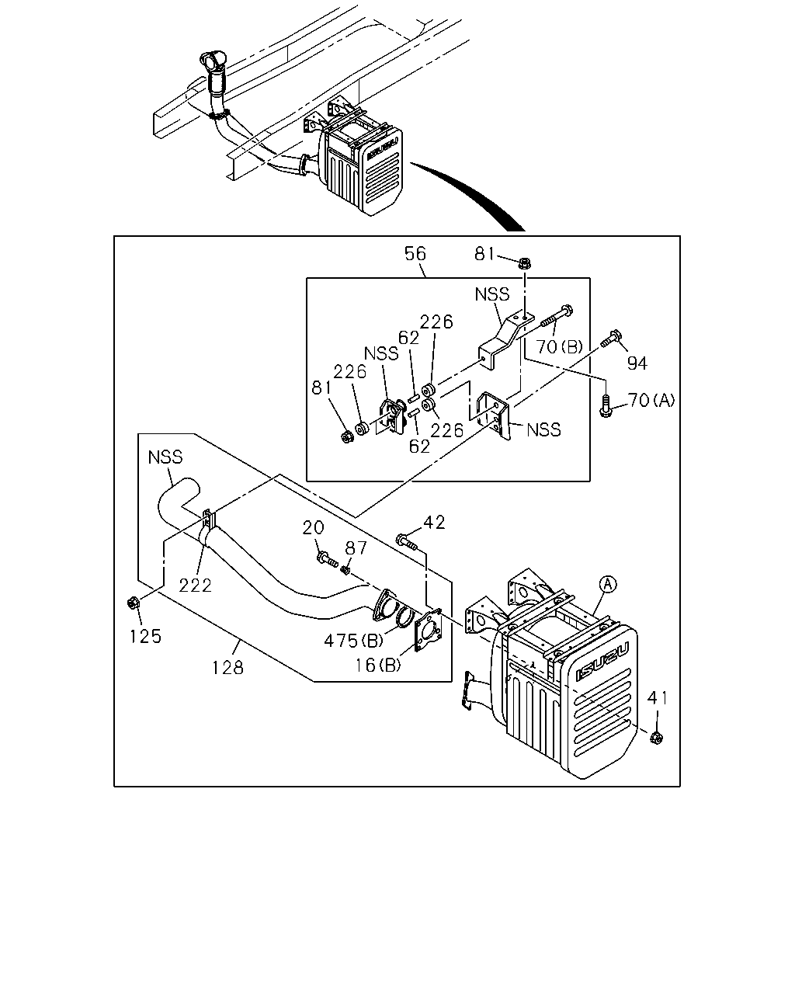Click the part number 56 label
click(x=415, y=254)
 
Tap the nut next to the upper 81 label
click(x=525, y=263)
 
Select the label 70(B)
click(x=560, y=346)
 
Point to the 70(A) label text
click(x=651, y=400)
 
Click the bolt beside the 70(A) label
click(x=606, y=406)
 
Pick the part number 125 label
click(x=145, y=636)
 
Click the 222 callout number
click(x=196, y=586)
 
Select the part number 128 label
click(x=227, y=667)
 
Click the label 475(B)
click(x=353, y=641)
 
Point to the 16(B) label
click(x=378, y=665)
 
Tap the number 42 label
click(x=434, y=522)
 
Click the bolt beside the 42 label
click(x=407, y=542)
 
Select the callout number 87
click(x=356, y=548)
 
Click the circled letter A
click(x=608, y=584)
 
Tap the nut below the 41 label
click(x=656, y=738)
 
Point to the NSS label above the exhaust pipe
click(x=165, y=457)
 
